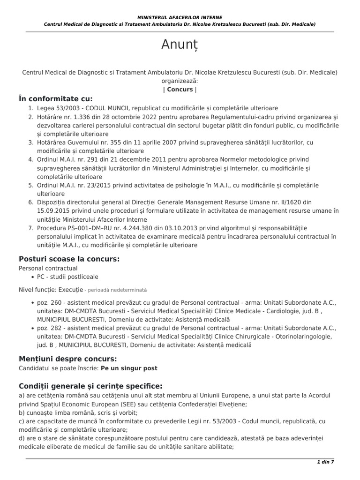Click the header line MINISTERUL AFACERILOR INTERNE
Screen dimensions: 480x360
pos(180,17)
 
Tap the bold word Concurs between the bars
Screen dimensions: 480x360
pos(180,89)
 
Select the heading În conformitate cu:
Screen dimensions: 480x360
pos(56,98)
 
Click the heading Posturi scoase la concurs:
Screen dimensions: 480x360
pos(69,259)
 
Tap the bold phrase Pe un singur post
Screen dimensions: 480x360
pos(129,368)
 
